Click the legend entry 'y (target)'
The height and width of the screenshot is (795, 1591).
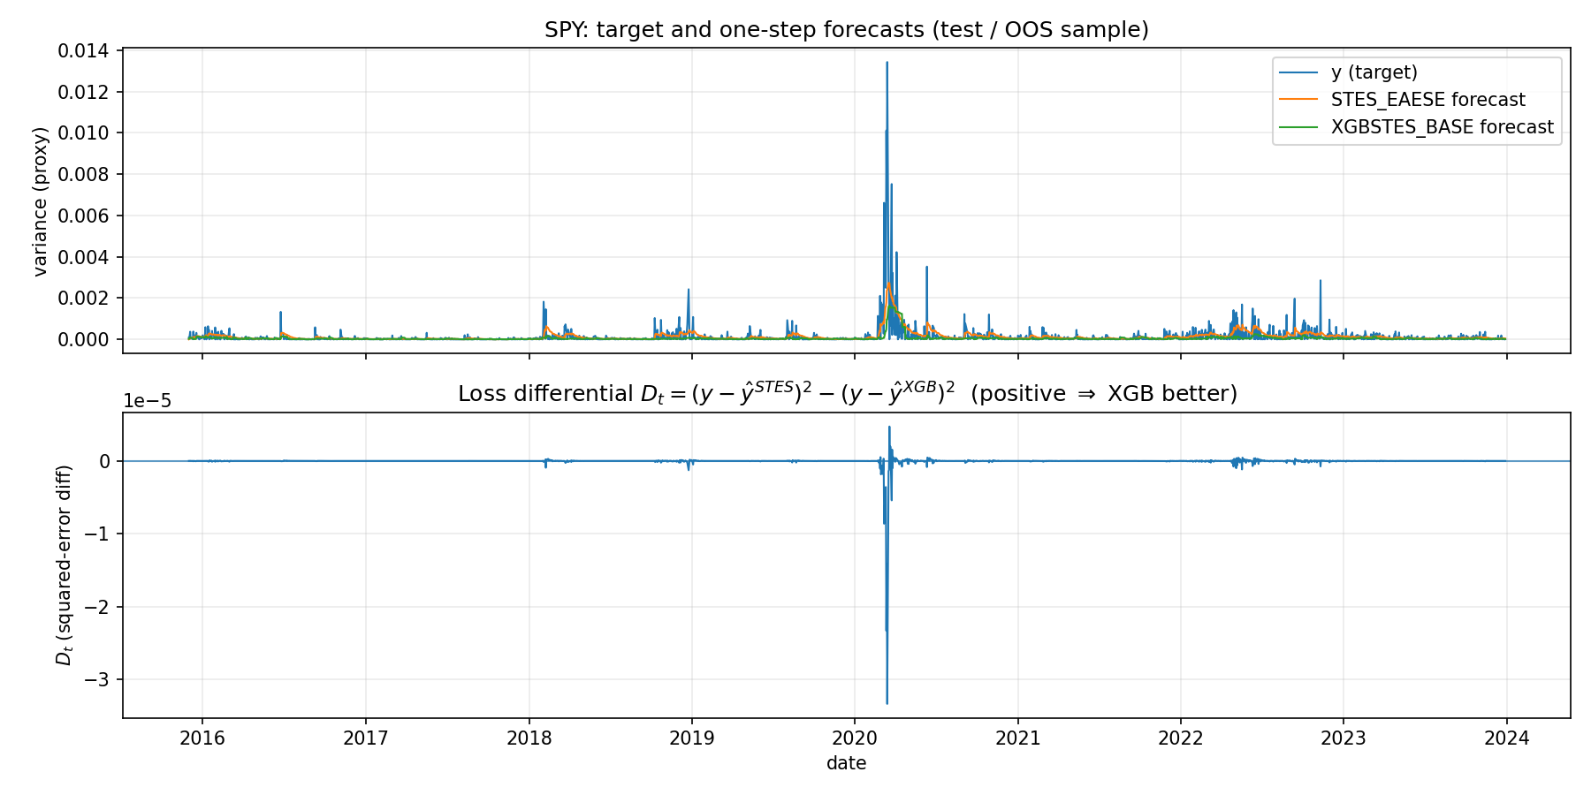click(1374, 73)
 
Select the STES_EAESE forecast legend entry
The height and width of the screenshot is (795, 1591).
click(1427, 100)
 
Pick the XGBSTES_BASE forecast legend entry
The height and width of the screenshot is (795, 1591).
click(1442, 127)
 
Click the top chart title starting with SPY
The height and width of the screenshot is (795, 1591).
click(846, 30)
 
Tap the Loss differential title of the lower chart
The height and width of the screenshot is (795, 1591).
click(847, 394)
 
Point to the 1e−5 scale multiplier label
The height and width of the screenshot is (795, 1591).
click(147, 401)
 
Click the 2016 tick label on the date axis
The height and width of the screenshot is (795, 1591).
click(202, 738)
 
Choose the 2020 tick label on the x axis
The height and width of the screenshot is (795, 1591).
click(855, 738)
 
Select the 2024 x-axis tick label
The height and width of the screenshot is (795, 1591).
click(1507, 738)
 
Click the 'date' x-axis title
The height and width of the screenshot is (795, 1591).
click(846, 763)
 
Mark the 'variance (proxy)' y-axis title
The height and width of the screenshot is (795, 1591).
click(40, 201)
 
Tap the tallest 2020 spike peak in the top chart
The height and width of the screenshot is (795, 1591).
click(887, 62)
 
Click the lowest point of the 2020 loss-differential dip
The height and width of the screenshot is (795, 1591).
click(887, 703)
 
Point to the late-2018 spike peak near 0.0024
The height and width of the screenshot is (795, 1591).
click(689, 290)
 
